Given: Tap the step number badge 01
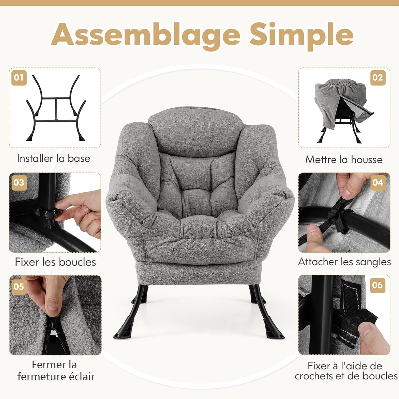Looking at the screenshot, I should [19, 78].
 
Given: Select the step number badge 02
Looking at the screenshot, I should [378, 78].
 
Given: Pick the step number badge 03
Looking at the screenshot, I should [19, 182].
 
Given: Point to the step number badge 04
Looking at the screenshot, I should [378, 182].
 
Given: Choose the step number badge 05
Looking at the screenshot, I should [19, 286].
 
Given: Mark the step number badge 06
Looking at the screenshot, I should [378, 285].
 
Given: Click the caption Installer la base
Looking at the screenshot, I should [54, 158].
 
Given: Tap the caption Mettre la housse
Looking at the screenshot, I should [344, 160].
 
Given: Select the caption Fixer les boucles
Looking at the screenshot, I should [55, 262].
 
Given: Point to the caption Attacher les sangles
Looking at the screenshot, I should [344, 262].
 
